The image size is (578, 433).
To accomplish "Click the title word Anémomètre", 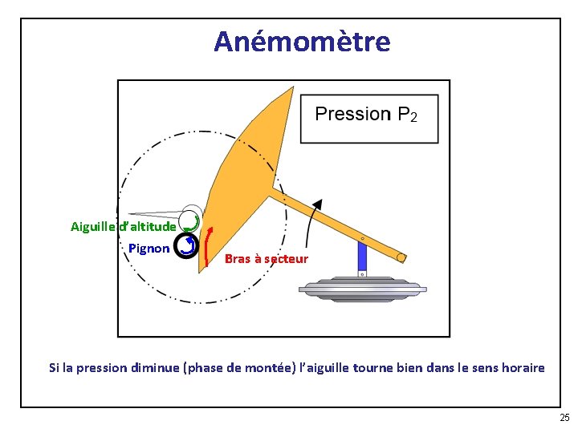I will (302, 42).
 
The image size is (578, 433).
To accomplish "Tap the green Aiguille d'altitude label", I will (123, 227).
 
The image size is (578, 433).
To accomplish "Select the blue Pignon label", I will (149, 249).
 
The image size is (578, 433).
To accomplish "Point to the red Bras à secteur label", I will (266, 259).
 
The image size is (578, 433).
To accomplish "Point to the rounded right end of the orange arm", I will (401, 258).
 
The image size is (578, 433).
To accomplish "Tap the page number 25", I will (564, 418).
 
